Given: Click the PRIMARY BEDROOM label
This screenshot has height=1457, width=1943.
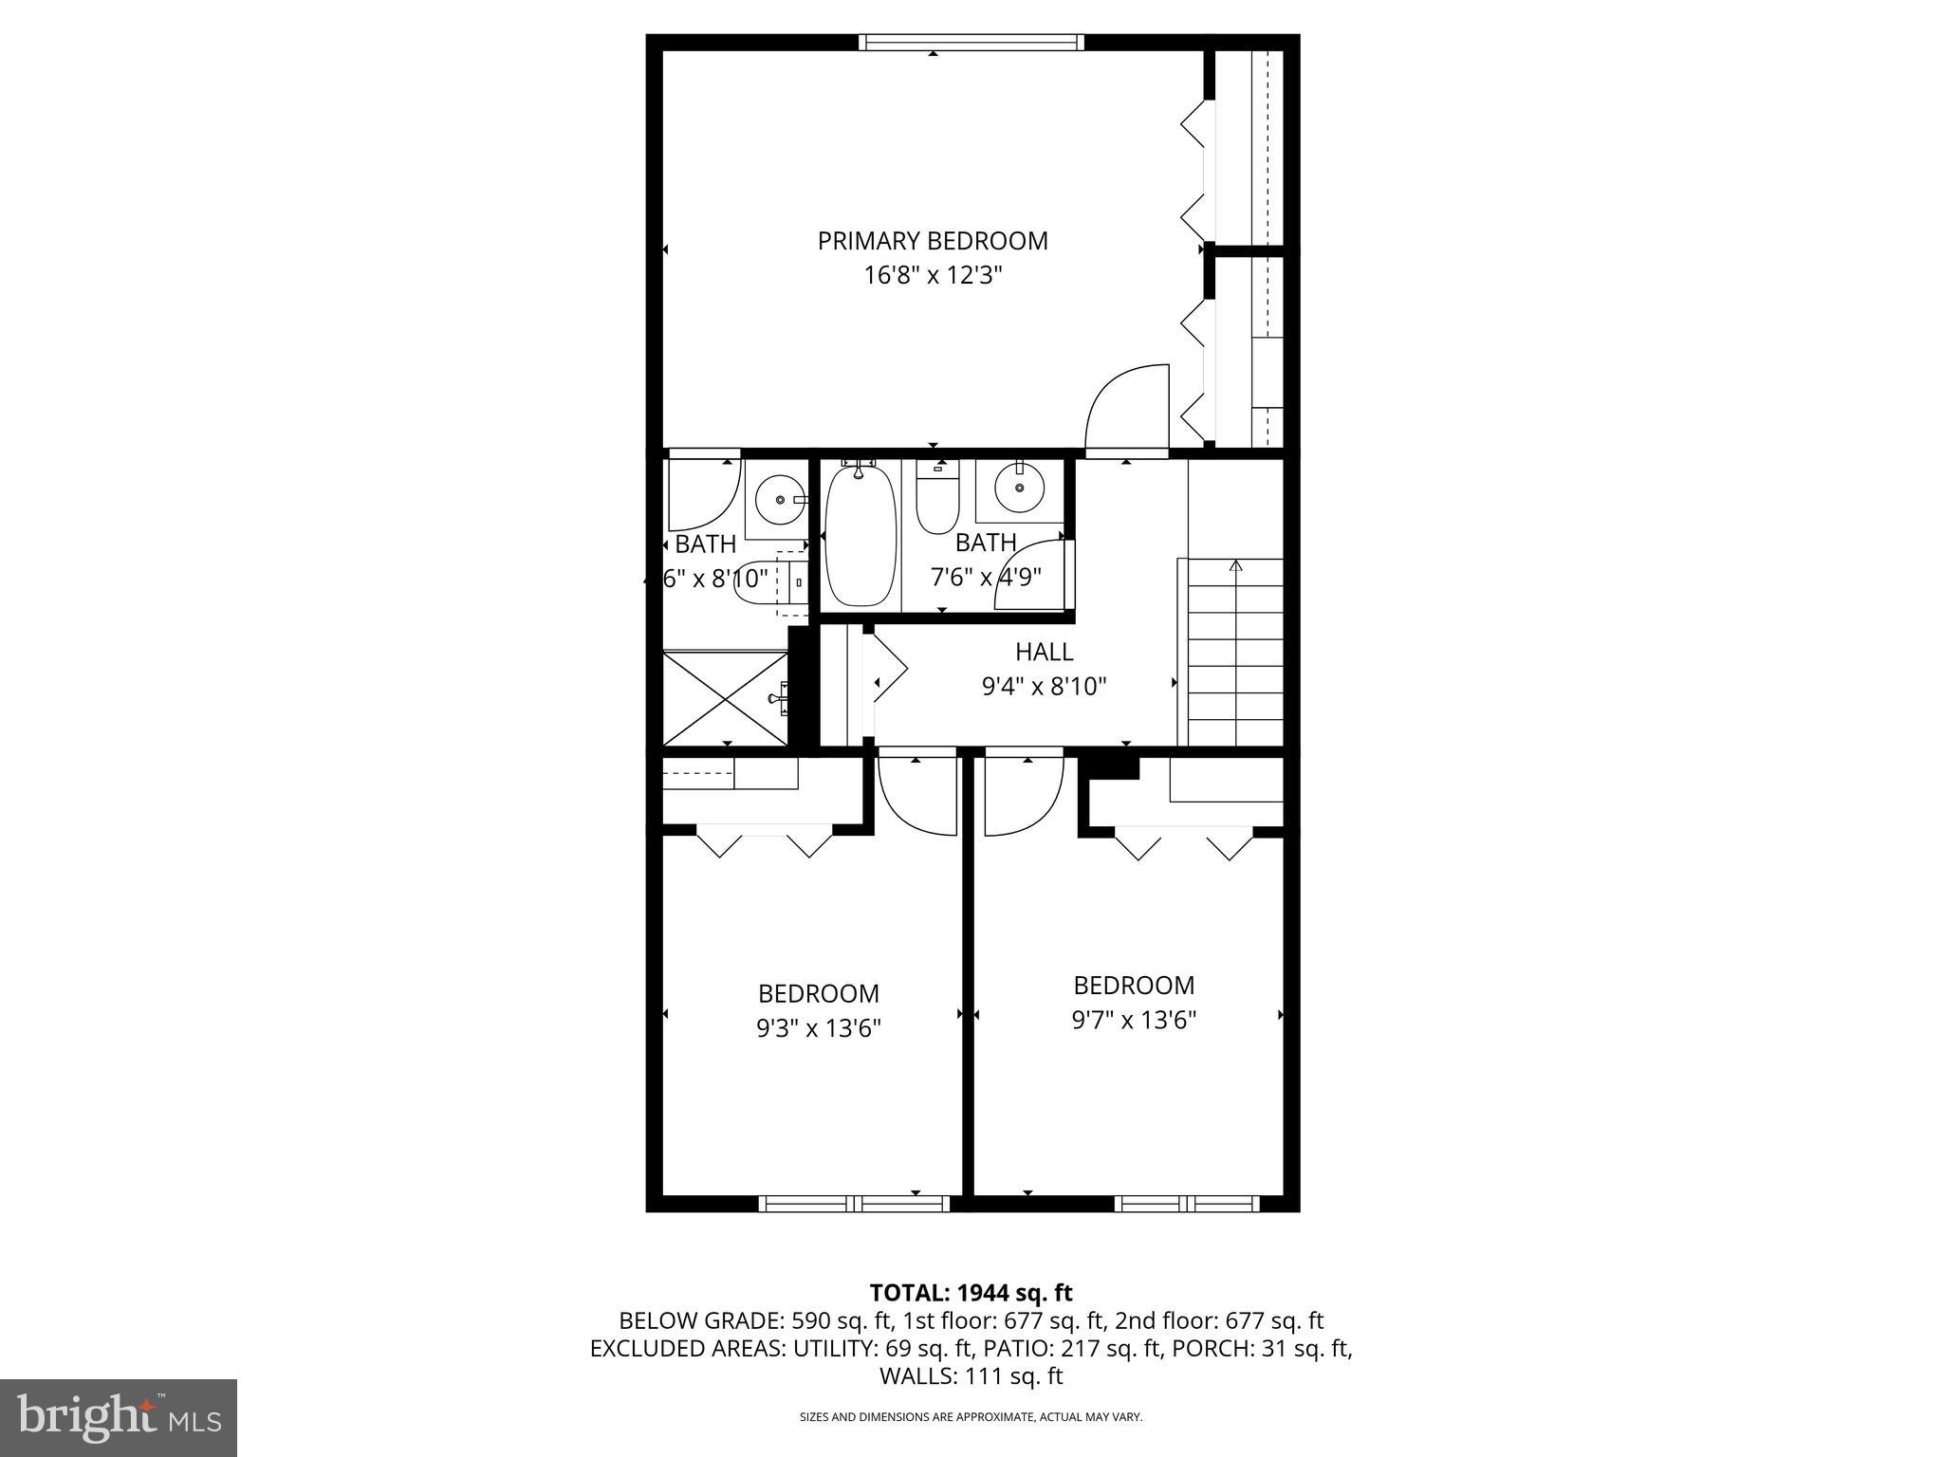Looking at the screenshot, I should [x=933, y=241].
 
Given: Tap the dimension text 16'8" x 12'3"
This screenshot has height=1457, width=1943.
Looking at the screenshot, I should [x=933, y=276].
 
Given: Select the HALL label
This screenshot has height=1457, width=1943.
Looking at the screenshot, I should [x=1044, y=652].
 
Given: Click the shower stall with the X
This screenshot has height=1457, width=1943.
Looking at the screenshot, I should [x=726, y=698].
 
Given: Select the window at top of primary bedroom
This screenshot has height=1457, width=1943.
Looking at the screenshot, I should [x=971, y=42].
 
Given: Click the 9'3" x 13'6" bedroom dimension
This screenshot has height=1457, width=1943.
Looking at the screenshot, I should [x=819, y=1028].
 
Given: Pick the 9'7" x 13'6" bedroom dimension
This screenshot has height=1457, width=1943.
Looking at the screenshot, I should [x=1134, y=1020].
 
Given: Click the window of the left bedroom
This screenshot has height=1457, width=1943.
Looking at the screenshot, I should [x=854, y=1203].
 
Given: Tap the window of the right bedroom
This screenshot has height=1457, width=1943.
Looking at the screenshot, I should [x=1186, y=1203].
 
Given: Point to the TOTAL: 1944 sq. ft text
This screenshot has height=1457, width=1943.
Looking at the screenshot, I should [x=971, y=1292].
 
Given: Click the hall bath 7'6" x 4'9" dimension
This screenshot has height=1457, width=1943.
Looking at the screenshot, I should [x=986, y=576].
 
